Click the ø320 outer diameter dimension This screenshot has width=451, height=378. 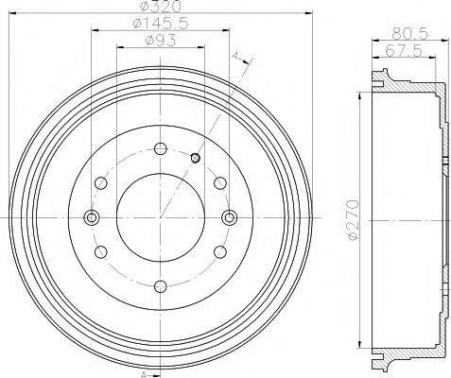tap(161, 8)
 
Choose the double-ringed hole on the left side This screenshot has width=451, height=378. tap(92, 217)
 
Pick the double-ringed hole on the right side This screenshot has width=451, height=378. tap(229, 217)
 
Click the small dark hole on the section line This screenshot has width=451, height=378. tap(196, 158)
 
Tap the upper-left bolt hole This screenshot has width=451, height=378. tap(100, 182)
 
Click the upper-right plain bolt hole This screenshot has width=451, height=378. tap(219, 182)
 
